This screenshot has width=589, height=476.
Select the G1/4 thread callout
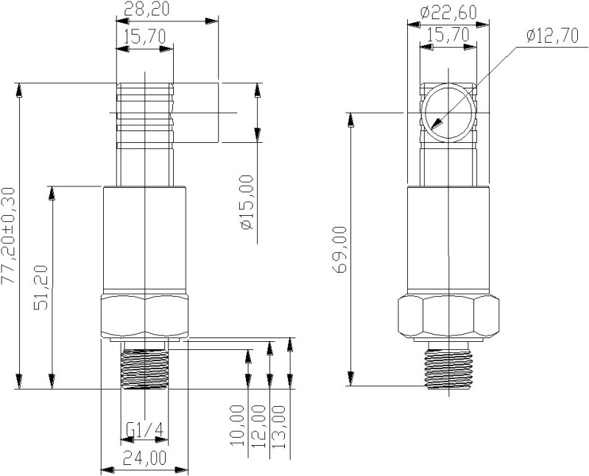pyautogui.click(x=144, y=430)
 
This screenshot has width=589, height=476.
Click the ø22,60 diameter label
pyautogui.click(x=449, y=12)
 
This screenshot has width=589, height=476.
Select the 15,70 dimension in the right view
pyautogui.click(x=448, y=34)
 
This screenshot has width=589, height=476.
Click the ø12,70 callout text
pyautogui.click(x=553, y=37)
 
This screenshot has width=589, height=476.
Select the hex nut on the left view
pyautogui.click(x=145, y=315)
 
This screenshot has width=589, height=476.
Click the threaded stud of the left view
pyautogui.click(x=144, y=365)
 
